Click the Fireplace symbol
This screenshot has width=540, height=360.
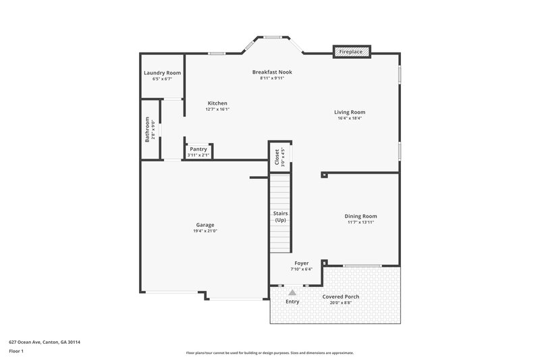[x=352, y=51]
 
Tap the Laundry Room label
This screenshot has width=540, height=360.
[x=162, y=73]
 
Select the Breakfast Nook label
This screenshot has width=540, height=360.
[x=272, y=72]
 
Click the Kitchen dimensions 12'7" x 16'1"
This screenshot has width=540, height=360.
[x=217, y=109]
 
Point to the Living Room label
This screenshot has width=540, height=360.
[x=350, y=112]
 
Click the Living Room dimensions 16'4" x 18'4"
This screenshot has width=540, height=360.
[x=350, y=118]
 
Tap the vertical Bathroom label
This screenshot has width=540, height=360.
[x=147, y=129]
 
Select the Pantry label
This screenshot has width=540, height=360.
[x=198, y=149]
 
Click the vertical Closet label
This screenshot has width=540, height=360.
[x=277, y=157]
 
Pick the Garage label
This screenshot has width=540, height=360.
[x=205, y=225]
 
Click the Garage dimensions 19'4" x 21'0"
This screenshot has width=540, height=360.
[x=205, y=231]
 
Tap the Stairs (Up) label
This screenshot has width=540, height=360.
[x=280, y=217]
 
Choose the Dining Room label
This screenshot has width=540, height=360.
[x=360, y=216]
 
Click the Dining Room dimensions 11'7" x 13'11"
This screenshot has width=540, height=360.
[x=360, y=222]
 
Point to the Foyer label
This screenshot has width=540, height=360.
[x=301, y=263]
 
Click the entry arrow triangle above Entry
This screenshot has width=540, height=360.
[x=292, y=292]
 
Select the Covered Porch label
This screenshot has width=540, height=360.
[x=344, y=297]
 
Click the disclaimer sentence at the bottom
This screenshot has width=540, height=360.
[x=269, y=353]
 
